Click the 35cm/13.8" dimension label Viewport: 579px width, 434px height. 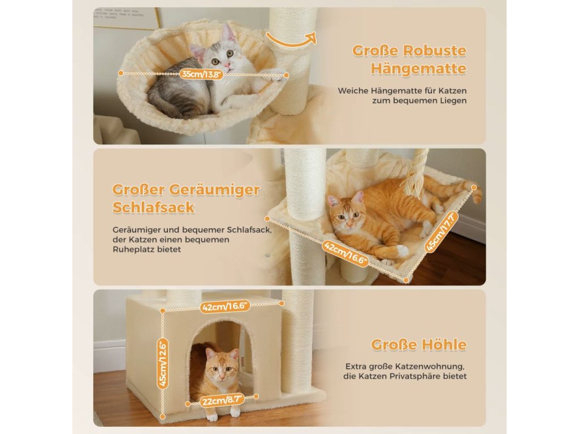[x=202, y=74]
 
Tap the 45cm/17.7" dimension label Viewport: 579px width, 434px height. [x=441, y=232]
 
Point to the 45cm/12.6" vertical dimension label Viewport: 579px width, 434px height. [x=163, y=364]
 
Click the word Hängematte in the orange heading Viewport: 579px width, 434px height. [x=418, y=68]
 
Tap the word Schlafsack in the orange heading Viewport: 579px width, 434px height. [x=153, y=207]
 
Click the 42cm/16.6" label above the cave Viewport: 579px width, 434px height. [x=225, y=306]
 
